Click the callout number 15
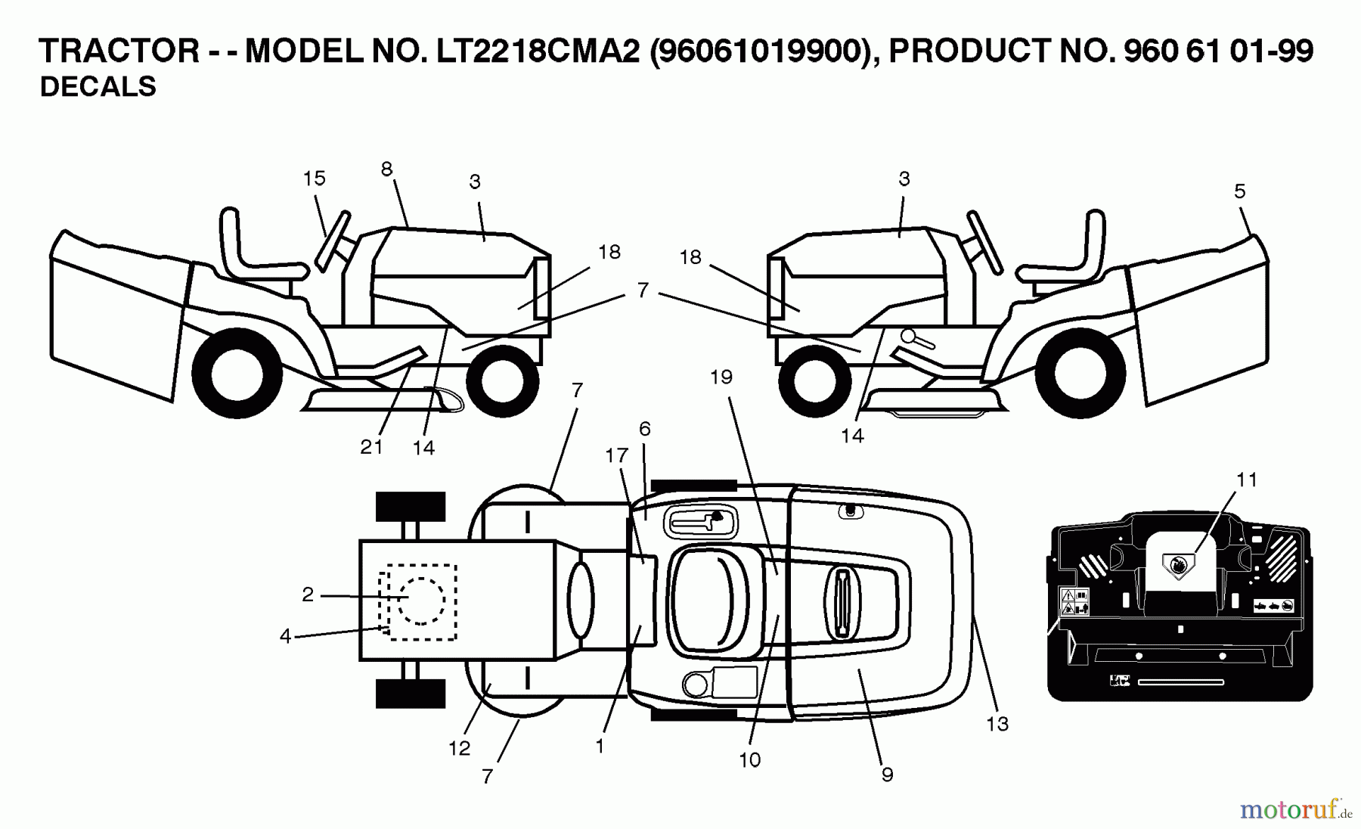(314, 179)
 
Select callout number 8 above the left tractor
(386, 169)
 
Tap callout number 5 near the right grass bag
(1239, 191)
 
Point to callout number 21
(371, 447)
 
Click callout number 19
(721, 377)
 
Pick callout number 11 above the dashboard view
(1246, 480)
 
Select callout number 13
(997, 724)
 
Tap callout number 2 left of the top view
(307, 595)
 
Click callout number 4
(285, 637)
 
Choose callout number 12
(459, 748)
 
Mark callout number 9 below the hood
(887, 775)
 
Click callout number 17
(616, 455)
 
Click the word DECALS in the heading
(98, 87)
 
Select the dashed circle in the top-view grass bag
(420, 601)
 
